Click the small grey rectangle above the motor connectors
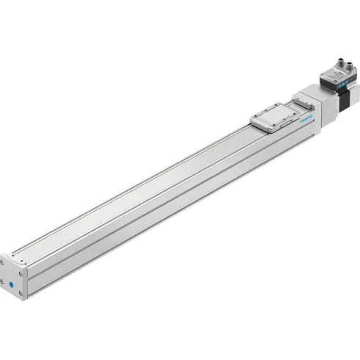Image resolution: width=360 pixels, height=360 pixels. pos(341,54)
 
